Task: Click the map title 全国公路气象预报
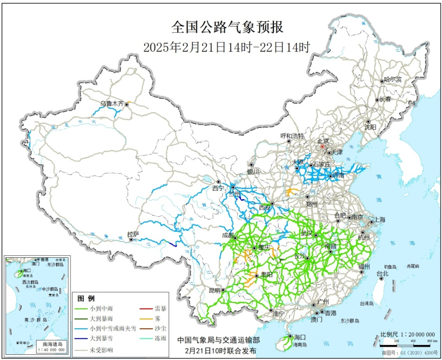point(227,27)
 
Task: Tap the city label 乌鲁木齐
point(112,104)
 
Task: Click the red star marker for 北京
point(322,146)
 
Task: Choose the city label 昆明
point(214,290)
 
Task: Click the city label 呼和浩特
point(292,135)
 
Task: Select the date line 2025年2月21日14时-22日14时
point(227,47)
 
